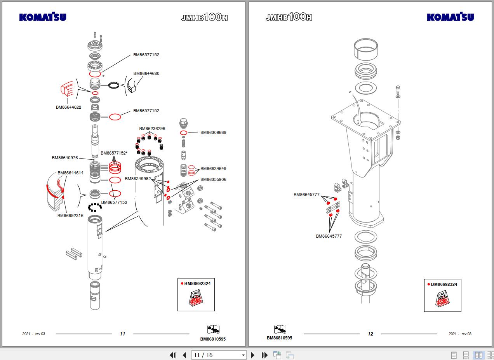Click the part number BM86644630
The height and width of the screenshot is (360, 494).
[146, 73]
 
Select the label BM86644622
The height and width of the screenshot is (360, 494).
[68, 107]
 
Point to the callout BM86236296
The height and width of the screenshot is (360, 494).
[152, 129]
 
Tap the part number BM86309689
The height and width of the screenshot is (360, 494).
[213, 132]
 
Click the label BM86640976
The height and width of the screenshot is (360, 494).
[65, 158]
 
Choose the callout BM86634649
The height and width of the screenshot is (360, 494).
[213, 169]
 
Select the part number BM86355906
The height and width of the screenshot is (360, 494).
[213, 179]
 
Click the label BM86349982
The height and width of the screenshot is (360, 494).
[137, 179]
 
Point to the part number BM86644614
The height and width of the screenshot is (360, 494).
[70, 173]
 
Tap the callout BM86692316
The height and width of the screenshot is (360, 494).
[70, 216]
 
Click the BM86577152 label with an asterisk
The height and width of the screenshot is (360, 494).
[114, 153]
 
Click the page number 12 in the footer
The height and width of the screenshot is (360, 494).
[370, 334]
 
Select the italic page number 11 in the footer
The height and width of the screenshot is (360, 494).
[122, 334]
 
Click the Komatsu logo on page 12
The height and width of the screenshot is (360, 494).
[450, 17]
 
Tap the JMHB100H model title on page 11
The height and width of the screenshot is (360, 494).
[204, 17]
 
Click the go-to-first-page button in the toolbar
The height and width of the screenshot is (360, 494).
[173, 355]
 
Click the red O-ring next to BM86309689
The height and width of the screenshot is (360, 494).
[183, 133]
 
